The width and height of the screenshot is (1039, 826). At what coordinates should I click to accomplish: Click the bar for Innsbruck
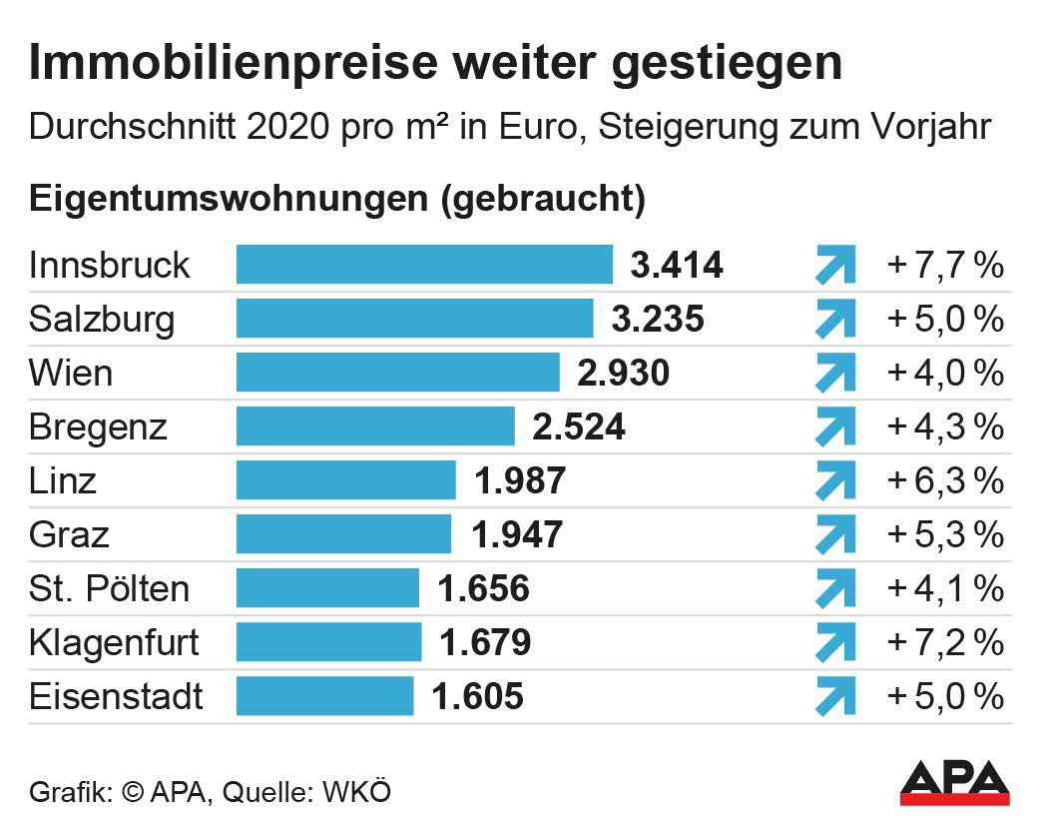click(424, 265)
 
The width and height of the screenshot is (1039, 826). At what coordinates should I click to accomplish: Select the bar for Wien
click(397, 373)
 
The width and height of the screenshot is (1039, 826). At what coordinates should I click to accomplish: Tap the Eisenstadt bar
click(324, 696)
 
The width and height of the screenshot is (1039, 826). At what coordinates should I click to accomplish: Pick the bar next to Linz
click(345, 480)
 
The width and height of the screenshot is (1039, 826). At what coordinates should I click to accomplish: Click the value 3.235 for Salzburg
click(658, 320)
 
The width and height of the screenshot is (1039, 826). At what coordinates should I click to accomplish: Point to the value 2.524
click(579, 427)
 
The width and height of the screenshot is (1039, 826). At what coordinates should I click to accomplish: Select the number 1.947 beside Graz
click(517, 535)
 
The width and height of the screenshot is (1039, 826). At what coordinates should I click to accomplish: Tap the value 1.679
click(485, 642)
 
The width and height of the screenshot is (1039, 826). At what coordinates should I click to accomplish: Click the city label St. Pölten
click(109, 588)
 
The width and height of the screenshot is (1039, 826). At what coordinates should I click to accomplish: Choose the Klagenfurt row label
click(114, 642)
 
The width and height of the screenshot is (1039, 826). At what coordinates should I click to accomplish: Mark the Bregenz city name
click(98, 427)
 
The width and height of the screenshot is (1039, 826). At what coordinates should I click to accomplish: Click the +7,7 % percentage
click(944, 266)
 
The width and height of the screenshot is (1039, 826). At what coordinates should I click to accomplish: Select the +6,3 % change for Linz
click(944, 480)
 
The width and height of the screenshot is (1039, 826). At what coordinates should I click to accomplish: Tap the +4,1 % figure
click(944, 588)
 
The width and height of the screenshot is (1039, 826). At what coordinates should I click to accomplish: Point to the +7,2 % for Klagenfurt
click(944, 642)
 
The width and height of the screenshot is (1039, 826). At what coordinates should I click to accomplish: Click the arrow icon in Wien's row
click(835, 374)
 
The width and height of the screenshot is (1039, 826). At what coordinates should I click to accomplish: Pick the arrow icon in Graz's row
click(835, 535)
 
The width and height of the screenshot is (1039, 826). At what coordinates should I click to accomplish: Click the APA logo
click(954, 782)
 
